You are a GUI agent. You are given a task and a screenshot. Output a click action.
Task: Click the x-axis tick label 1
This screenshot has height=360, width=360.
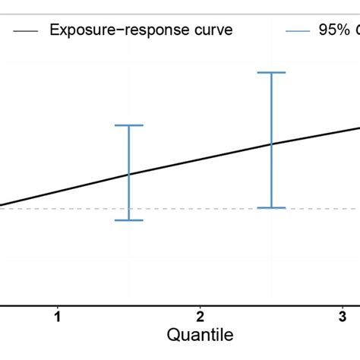pos(57,317)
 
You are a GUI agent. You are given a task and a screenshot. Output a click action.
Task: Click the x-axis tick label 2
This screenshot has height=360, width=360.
pos(200,317)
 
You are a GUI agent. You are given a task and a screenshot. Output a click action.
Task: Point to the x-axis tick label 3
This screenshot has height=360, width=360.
pos(343,317)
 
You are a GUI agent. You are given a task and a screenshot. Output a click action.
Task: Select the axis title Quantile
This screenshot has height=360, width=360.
pos(200,335)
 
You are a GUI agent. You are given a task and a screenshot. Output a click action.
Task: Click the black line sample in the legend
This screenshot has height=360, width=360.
pos(24,30)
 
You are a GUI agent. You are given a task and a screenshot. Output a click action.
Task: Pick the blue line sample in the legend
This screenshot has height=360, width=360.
pos(298,30)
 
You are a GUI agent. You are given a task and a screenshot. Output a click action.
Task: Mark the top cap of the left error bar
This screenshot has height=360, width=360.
pos(128,125)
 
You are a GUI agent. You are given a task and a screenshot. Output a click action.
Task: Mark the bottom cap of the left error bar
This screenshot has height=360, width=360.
pos(128,220)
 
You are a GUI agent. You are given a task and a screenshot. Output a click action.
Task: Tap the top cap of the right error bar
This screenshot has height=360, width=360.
pos(271,72)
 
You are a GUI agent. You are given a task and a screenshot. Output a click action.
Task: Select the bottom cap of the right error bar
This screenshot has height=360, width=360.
pos(271,207)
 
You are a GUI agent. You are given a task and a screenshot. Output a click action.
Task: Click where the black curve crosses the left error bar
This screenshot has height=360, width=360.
pos(128,174)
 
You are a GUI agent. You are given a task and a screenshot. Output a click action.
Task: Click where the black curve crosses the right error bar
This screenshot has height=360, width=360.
pos(271,144)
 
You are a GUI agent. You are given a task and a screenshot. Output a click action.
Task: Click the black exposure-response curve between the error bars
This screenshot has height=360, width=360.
pos(200,159)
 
